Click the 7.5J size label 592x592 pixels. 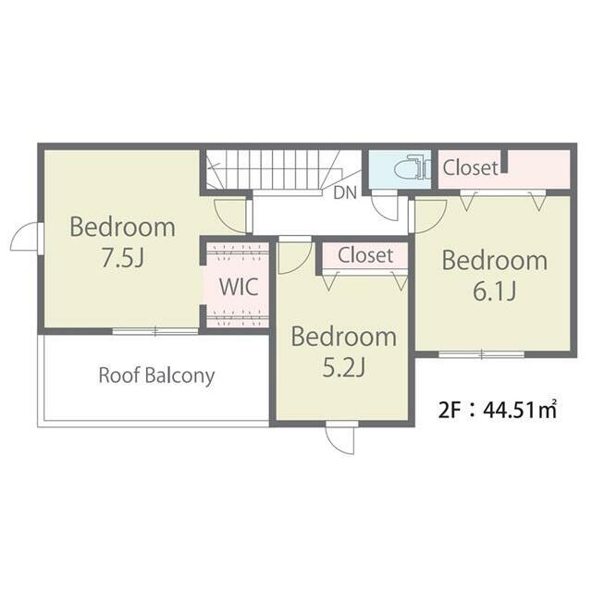tap(123, 259)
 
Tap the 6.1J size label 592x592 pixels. tap(495, 292)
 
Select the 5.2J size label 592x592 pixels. tap(344, 368)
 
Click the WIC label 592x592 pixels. tap(239, 287)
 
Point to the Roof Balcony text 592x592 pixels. tap(156, 376)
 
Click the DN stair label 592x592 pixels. tap(345, 193)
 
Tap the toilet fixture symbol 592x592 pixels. tap(413, 167)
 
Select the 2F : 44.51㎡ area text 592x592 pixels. tap(498, 409)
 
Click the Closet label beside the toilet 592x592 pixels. tap(471, 167)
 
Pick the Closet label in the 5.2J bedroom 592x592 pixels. tap(365, 255)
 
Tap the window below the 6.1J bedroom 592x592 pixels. tap(481, 354)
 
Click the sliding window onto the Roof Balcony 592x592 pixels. tap(155, 331)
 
